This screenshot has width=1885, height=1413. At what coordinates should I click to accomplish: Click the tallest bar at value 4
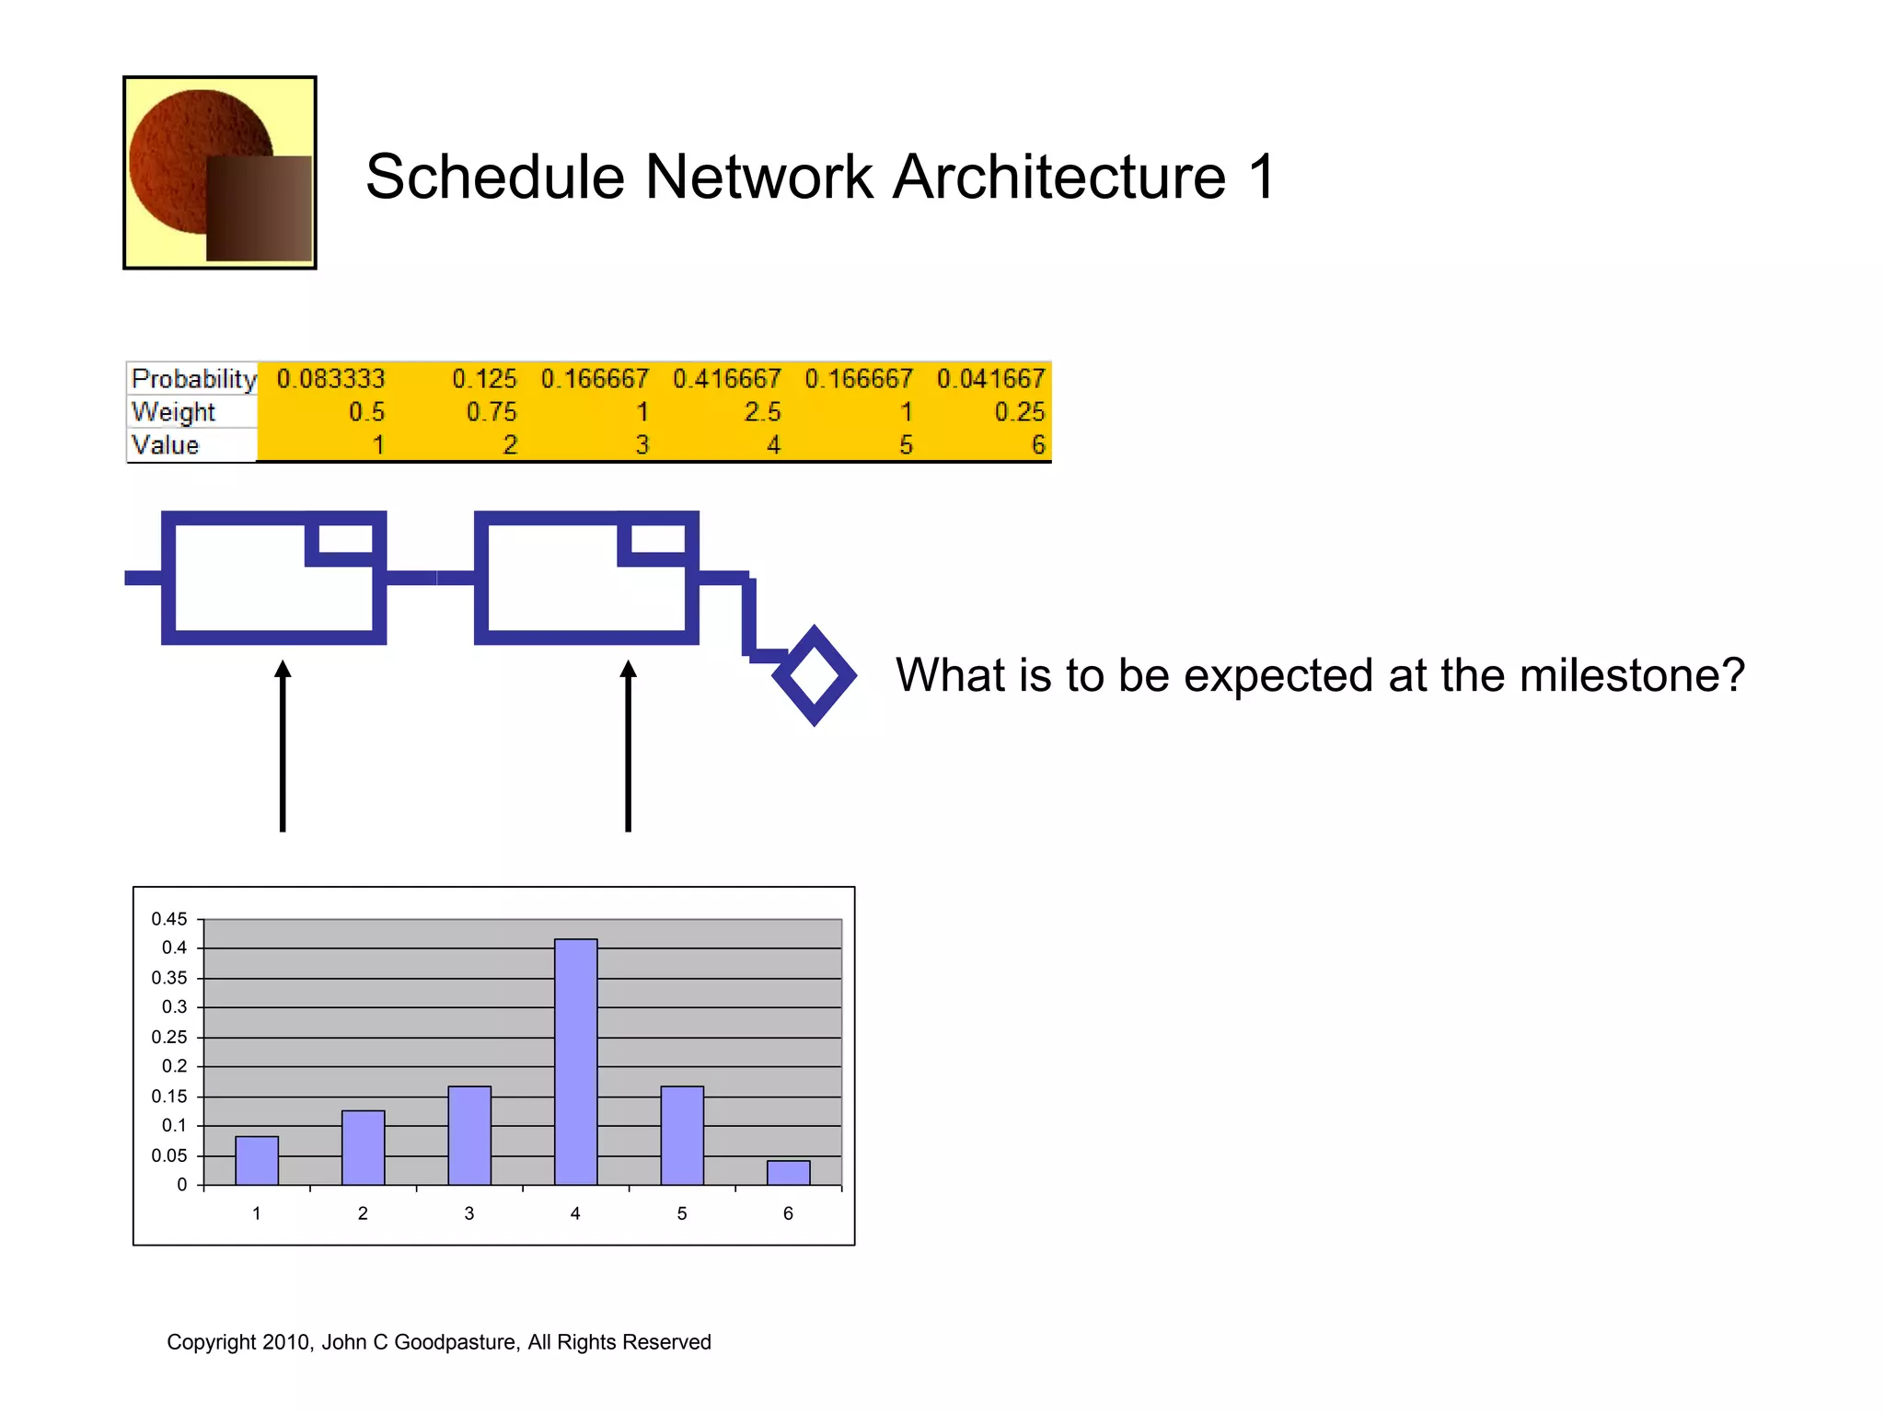[575, 1062]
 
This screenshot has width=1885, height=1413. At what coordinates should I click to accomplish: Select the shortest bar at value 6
[788, 1173]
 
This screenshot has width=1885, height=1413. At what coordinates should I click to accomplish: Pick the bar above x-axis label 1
[257, 1161]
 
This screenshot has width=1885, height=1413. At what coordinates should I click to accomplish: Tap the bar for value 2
[363, 1148]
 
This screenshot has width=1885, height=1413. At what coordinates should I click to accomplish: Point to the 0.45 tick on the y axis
[169, 919]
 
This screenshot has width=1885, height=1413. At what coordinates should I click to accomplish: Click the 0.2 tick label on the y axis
[174, 1066]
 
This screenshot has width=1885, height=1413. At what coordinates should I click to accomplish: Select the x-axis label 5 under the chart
[681, 1213]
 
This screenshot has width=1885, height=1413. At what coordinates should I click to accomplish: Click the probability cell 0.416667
[726, 379]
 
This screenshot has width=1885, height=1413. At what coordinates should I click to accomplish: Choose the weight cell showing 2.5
[762, 412]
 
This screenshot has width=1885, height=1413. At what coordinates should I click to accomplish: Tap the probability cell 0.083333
[330, 379]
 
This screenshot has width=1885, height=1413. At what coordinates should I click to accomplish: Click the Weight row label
[173, 412]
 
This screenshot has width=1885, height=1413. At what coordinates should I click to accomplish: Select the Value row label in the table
[165, 445]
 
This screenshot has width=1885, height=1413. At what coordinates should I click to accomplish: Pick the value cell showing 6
[1037, 445]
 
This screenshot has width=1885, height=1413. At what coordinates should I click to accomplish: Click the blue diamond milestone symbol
[815, 676]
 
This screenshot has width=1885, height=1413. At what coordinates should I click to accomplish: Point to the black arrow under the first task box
[283, 745]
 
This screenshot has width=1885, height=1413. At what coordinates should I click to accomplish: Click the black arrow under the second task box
[628, 745]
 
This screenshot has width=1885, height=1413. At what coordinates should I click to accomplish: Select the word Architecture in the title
[1059, 177]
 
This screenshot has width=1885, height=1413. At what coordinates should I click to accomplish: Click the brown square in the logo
[259, 208]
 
